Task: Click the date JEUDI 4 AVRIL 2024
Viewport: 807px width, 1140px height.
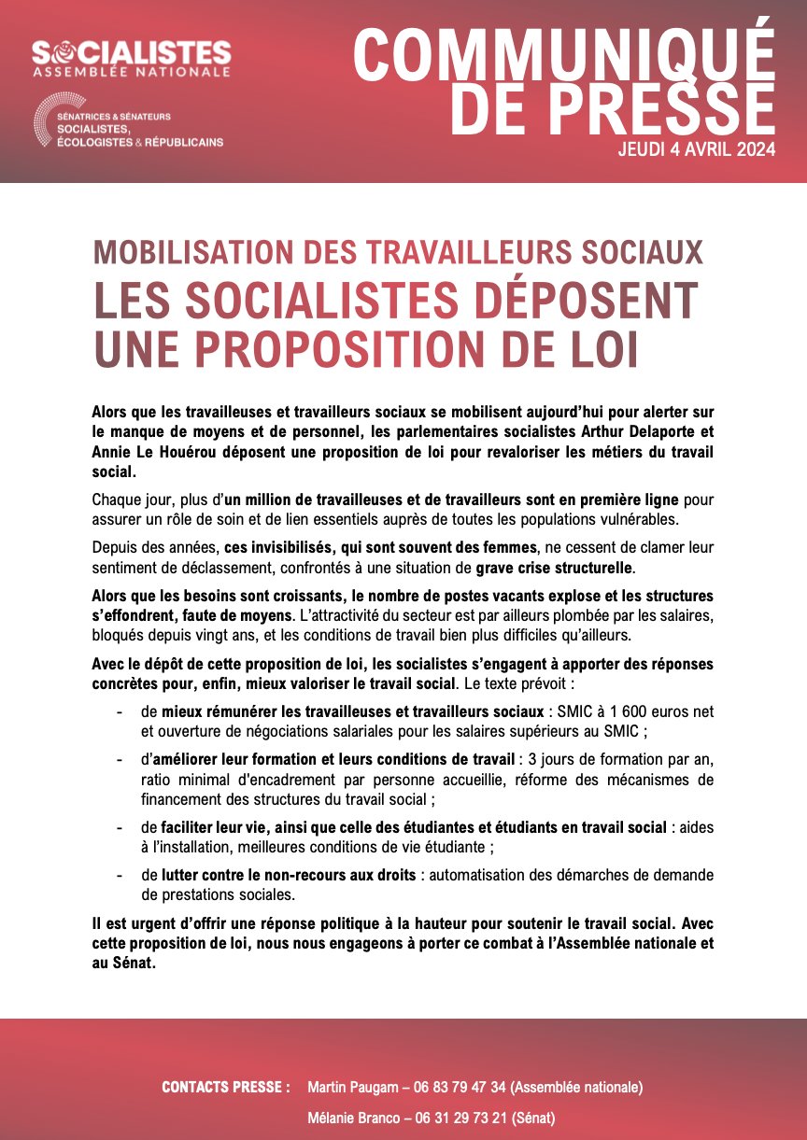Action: point(697,149)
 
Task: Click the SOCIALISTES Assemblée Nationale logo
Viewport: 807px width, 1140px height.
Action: point(131,58)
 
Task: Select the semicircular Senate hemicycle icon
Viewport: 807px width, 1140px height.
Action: point(48,124)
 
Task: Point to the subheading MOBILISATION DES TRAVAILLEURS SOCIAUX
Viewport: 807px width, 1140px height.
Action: point(397,252)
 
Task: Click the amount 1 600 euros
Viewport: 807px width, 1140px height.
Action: point(644,711)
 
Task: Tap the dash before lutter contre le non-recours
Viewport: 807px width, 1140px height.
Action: point(120,875)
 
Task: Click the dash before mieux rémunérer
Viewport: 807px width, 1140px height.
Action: point(120,711)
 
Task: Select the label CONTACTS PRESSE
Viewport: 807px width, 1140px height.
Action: point(226,1087)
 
